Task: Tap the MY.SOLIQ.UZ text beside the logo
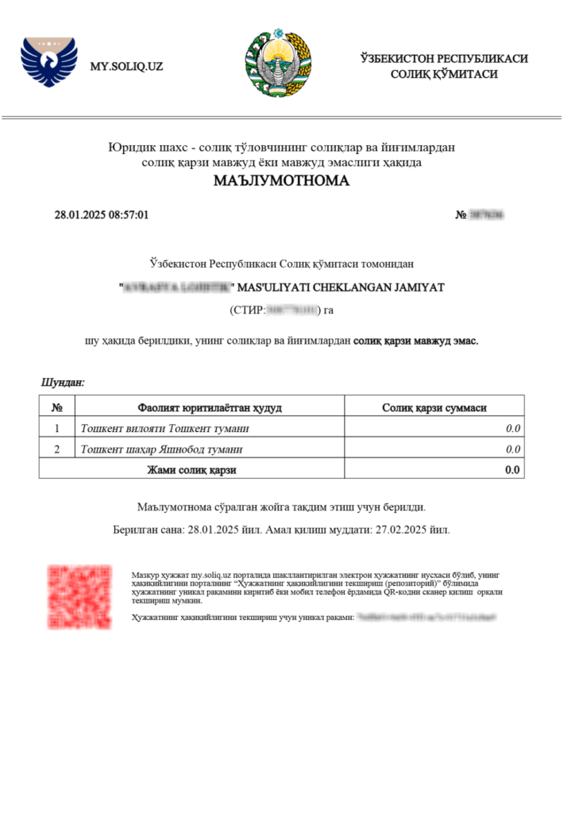click(127, 67)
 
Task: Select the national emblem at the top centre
click(279, 63)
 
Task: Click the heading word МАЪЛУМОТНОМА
click(281, 180)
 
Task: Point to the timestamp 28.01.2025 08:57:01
click(102, 215)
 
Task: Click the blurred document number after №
click(487, 215)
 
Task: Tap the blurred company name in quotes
click(176, 287)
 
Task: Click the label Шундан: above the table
click(63, 383)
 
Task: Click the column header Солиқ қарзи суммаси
click(434, 408)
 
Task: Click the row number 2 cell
click(56, 449)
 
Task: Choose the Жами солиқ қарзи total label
click(191, 470)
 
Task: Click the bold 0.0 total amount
click(513, 470)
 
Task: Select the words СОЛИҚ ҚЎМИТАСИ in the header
click(444, 74)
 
